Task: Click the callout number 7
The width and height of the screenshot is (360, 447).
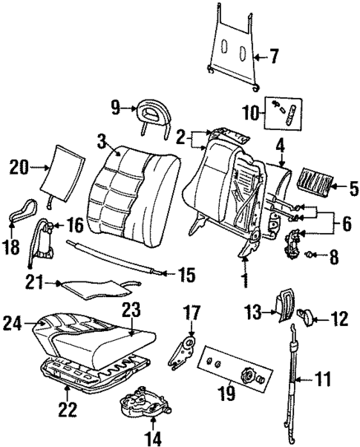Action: [x=273, y=56]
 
